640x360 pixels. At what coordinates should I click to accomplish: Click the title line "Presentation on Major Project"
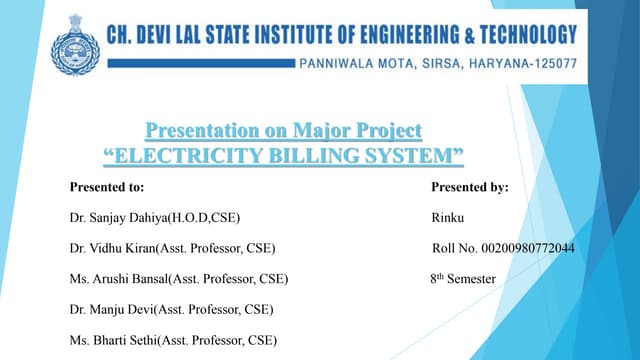(284, 131)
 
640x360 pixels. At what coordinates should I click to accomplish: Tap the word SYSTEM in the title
(416, 156)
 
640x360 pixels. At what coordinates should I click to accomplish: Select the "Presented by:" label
(470, 187)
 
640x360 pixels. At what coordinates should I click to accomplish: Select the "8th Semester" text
(456, 279)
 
